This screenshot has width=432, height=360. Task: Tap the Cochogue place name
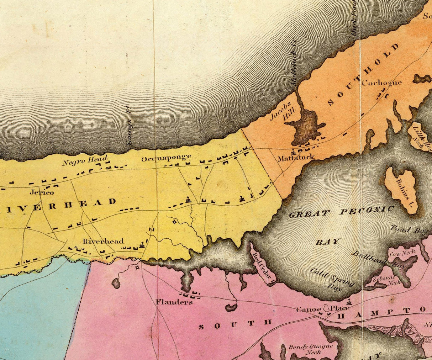coord(381,83)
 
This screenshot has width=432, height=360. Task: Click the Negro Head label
coord(85,161)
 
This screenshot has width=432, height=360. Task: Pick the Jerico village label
coord(42,192)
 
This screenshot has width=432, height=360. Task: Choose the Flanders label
coord(174,302)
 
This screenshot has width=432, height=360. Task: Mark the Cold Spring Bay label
coord(332,279)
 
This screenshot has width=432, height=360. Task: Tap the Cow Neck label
coord(402,253)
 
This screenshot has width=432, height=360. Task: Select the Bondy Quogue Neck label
coord(310,349)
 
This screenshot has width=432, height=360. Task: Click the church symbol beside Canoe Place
coord(349,302)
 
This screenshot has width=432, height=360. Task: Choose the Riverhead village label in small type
coord(103,241)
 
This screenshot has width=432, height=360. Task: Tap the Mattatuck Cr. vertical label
coord(294,62)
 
